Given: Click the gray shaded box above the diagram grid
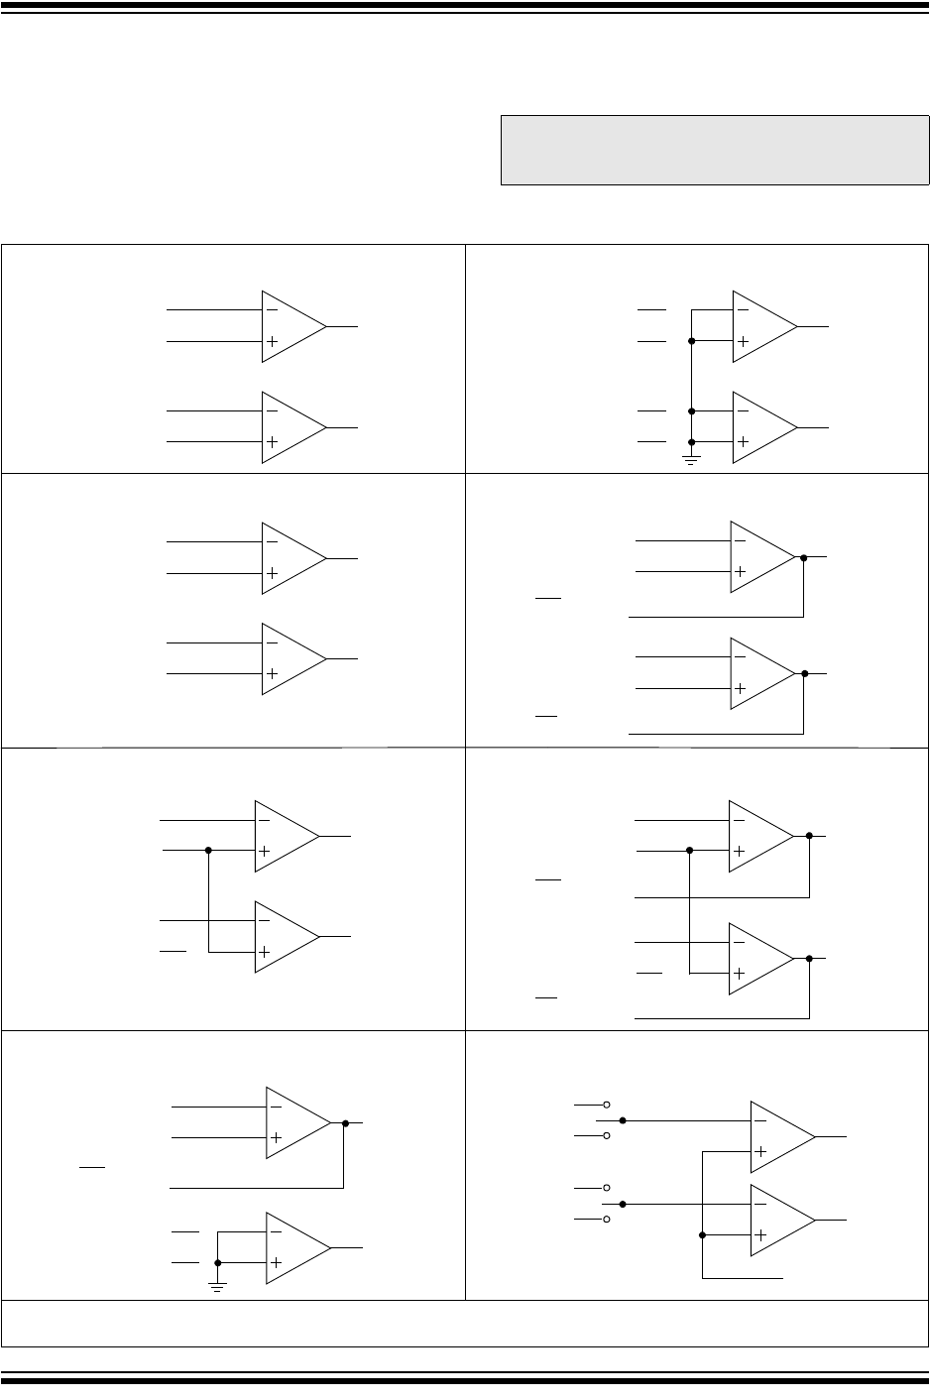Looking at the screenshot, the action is click(714, 151).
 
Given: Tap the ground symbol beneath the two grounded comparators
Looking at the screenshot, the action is click(692, 460).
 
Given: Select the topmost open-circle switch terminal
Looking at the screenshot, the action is click(607, 1105).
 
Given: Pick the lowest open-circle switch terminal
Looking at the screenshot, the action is click(607, 1220).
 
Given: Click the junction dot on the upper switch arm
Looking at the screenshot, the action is click(623, 1120).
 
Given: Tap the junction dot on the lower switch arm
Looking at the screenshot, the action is click(623, 1204).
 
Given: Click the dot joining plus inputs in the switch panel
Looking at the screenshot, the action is click(702, 1235).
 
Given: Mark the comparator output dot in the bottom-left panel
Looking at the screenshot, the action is click(345, 1123).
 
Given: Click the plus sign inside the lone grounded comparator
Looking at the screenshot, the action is click(276, 1262).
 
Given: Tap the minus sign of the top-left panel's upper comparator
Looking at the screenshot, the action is click(272, 309).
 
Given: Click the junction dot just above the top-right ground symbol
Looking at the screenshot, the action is click(692, 441).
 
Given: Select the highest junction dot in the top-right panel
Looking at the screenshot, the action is click(692, 341).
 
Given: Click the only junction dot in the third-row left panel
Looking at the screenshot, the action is click(208, 850).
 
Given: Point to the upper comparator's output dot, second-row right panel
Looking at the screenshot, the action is click(803, 558).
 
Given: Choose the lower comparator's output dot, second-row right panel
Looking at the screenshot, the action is click(804, 674).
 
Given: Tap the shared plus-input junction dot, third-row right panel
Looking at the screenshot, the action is click(689, 850).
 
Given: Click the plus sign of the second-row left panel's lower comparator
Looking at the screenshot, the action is click(272, 674).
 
